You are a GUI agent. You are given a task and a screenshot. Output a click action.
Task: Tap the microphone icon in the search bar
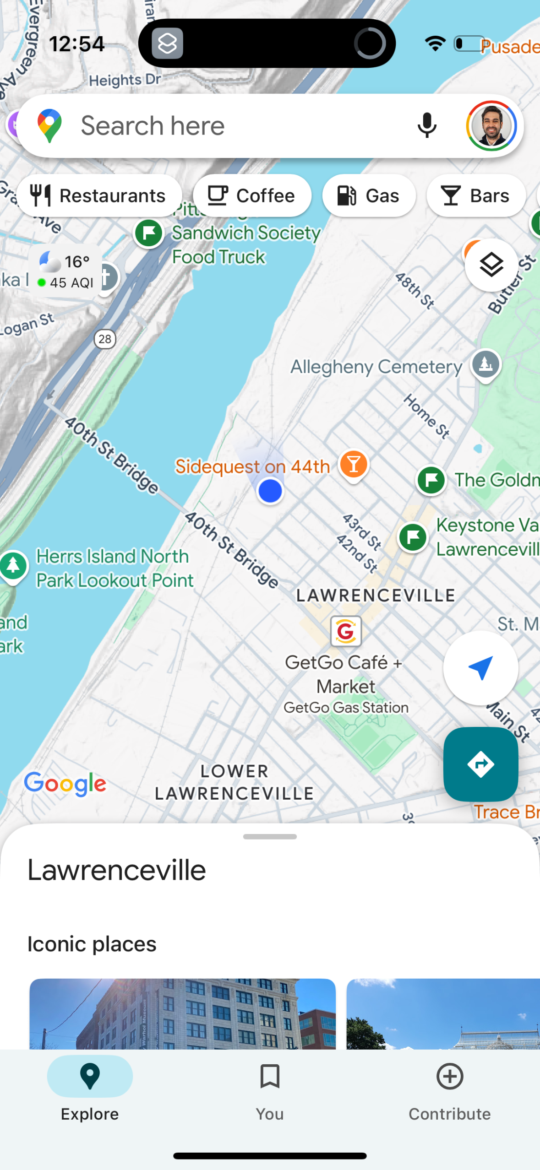coord(427,125)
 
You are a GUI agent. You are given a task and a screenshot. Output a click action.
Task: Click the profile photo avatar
coord(491,126)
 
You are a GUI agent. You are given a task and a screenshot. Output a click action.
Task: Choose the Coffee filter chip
coord(252,196)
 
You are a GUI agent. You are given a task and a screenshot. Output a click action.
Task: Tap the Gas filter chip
coord(369,196)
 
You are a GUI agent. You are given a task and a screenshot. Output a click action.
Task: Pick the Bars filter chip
coord(475,196)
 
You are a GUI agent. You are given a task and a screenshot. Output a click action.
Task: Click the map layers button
coord(491,265)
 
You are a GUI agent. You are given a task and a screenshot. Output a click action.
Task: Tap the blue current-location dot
coord(270,491)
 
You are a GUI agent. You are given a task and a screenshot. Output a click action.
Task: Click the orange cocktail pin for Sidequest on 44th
coord(354,464)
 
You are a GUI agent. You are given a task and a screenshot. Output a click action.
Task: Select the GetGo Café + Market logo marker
coord(346,632)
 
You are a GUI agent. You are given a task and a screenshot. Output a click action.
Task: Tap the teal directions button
coord(480,764)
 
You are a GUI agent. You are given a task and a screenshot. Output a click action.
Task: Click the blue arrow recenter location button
coord(480,668)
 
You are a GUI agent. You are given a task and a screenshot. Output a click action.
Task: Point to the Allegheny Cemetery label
coord(376,367)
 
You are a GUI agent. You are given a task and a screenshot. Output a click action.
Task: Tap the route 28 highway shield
coord(105,339)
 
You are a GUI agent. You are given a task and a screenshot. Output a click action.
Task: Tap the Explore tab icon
coord(90,1076)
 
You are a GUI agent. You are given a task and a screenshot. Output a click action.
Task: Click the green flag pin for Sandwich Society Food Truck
coord(149,233)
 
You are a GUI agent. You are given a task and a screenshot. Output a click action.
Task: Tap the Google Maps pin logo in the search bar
coord(49,126)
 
